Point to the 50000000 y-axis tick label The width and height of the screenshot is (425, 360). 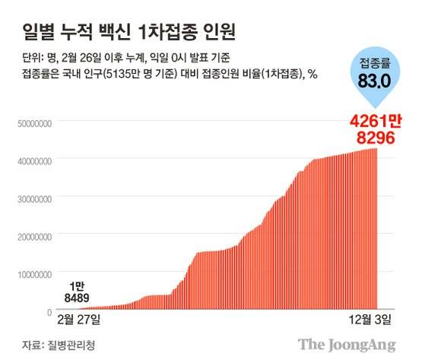[x=31, y=122]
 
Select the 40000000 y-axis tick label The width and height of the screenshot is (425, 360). [x=31, y=160]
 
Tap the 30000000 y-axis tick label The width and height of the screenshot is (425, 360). [x=31, y=198]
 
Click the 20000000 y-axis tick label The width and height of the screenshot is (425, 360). [x=31, y=236]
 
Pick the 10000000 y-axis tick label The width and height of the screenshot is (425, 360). [x=31, y=273]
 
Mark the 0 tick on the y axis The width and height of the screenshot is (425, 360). [x=49, y=311]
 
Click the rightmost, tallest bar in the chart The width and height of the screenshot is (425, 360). [x=375, y=228]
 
